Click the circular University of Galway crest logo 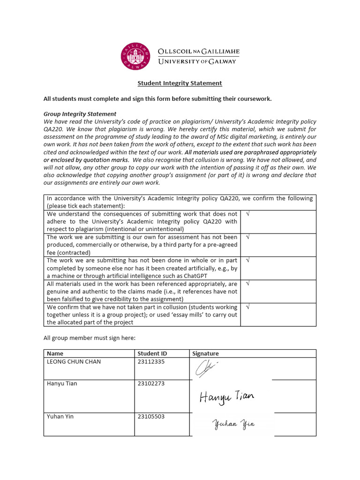pyautogui.click(x=135, y=56)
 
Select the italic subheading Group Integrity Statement pyautogui.click(x=80, y=114)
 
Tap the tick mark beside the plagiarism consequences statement pyautogui.click(x=247, y=214)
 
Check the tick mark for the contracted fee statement pyautogui.click(x=247, y=237)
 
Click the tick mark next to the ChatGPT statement pyautogui.click(x=247, y=260)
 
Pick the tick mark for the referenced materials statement pyautogui.click(x=247, y=284)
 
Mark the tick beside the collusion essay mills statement pyautogui.click(x=247, y=307)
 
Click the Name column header pyautogui.click(x=55, y=353)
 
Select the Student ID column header pyautogui.click(x=152, y=353)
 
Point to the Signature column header pyautogui.click(x=205, y=353)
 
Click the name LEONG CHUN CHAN pyautogui.click(x=74, y=362)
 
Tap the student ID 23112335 pyautogui.click(x=151, y=362)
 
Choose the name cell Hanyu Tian pyautogui.click(x=62, y=383)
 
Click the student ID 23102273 pyautogui.click(x=151, y=383)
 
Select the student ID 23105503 pyautogui.click(x=151, y=416)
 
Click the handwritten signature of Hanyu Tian pyautogui.click(x=226, y=397)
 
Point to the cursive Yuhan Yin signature pyautogui.click(x=233, y=424)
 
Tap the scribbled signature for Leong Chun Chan pyautogui.click(x=206, y=368)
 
